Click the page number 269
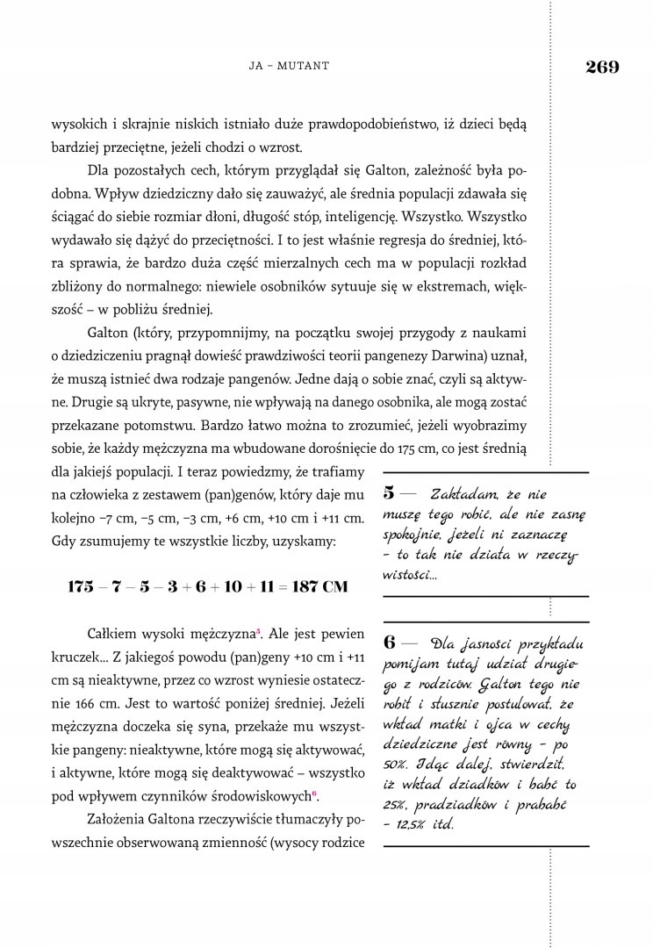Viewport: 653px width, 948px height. pyautogui.click(x=601, y=66)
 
